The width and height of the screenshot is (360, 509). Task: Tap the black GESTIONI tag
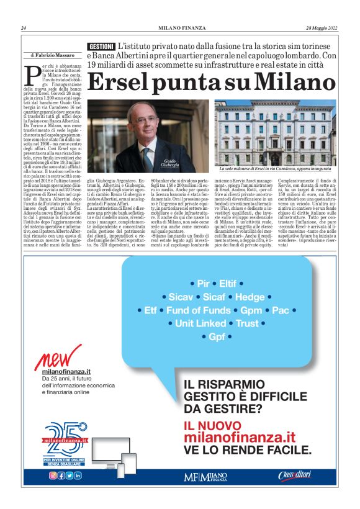pyautogui.click(x=101, y=47)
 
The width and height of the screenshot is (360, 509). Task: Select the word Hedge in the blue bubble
pyautogui.click(x=249, y=297)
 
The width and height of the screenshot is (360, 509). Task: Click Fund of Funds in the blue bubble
pyautogui.click(x=198, y=310)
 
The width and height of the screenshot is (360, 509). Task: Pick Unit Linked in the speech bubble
pyautogui.click(x=200, y=323)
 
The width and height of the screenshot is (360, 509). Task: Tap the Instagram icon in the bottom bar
pyautogui.click(x=53, y=475)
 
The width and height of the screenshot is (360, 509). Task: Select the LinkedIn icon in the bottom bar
pyautogui.click(x=78, y=475)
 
